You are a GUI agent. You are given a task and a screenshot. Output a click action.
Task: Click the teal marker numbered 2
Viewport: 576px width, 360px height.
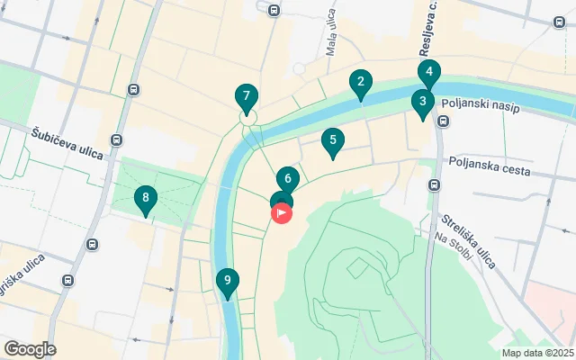[x=360, y=85]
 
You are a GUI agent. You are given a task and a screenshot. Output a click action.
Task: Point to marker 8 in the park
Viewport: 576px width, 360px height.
[x=145, y=199]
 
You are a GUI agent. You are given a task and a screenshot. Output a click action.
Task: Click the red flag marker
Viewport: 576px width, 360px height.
[x=281, y=214]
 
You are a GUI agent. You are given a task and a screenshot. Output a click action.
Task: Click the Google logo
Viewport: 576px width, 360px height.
[x=30, y=349]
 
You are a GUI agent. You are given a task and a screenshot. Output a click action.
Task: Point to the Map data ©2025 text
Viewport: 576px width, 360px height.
[x=536, y=353]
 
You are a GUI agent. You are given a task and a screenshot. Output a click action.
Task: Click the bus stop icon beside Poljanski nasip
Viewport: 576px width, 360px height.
[x=443, y=121]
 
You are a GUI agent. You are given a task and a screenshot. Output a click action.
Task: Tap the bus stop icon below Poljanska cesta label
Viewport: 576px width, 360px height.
[x=435, y=185]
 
